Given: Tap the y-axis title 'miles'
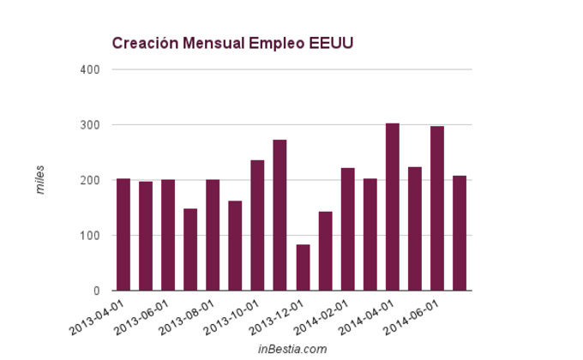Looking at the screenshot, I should point(39,180).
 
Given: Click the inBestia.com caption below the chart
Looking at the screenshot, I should point(292,349).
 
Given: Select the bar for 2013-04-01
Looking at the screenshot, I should point(123,234).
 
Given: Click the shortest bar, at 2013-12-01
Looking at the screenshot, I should point(303,267).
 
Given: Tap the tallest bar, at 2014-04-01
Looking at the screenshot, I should point(393,207).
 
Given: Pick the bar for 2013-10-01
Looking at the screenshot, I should point(257,225).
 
